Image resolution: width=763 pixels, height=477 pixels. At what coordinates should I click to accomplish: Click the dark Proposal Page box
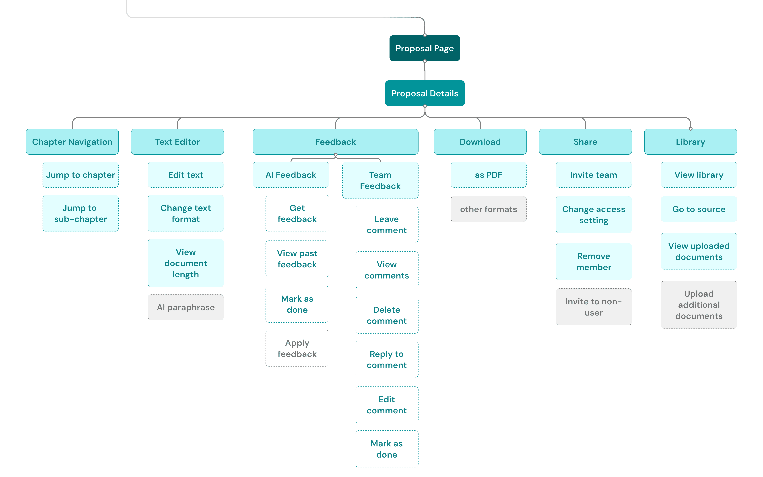[425, 48]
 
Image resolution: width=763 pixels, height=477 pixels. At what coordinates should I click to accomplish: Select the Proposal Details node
[425, 93]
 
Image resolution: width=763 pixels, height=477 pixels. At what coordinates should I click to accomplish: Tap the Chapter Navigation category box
[72, 142]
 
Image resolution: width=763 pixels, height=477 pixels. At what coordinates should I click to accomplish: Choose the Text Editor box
[177, 142]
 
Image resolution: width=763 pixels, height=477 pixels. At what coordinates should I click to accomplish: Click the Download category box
[480, 142]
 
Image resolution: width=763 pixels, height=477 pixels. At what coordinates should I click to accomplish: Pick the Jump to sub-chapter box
[81, 213]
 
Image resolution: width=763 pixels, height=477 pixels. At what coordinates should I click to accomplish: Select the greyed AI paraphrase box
[186, 307]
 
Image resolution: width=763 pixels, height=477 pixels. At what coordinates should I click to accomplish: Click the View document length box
[186, 263]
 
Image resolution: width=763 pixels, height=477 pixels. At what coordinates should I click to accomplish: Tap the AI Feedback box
[291, 175]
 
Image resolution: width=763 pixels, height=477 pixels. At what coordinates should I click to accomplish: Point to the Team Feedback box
[380, 180]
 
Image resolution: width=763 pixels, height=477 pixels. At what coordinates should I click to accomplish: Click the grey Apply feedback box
[297, 348]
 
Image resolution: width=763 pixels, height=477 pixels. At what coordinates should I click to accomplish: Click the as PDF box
[489, 175]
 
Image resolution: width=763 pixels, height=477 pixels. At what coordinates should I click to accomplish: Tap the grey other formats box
[489, 209]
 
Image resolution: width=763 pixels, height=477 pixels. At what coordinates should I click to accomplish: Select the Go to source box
[699, 209]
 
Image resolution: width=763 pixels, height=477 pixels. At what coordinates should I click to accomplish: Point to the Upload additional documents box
[699, 305]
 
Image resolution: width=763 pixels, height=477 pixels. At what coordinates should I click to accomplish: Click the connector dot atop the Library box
[691, 129]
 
